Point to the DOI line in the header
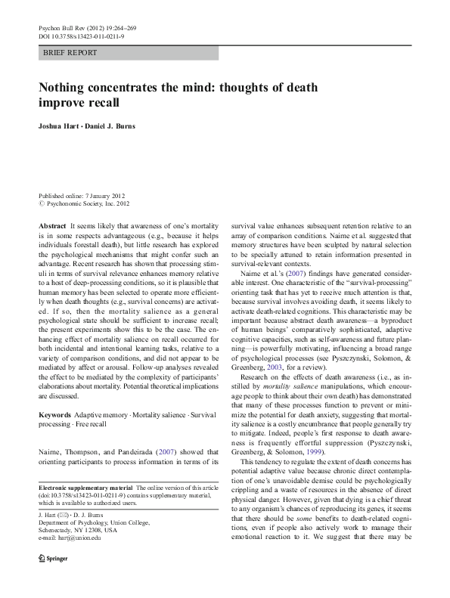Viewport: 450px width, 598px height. (81, 35)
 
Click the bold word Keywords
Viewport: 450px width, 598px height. (54, 417)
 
